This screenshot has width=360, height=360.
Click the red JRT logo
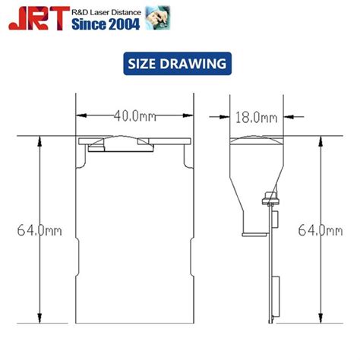36,19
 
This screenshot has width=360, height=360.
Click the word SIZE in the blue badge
145,64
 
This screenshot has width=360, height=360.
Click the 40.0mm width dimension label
136,117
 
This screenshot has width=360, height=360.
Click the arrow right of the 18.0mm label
298,117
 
